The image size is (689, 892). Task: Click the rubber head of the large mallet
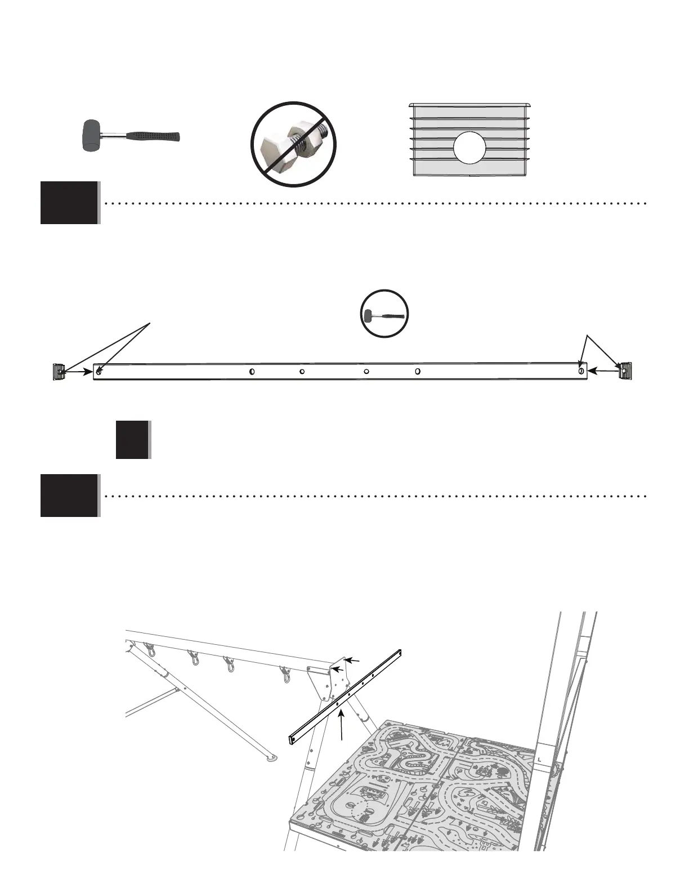[x=90, y=136]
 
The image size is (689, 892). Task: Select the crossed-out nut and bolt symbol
[x=293, y=144]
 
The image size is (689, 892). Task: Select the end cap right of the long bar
[x=625, y=371]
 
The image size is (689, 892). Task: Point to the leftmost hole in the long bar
[x=99, y=372]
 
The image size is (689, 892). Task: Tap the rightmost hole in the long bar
[x=580, y=371]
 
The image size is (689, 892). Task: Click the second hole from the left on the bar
[x=253, y=372]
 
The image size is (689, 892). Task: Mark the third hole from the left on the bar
[x=302, y=372]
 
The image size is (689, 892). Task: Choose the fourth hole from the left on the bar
[x=366, y=372]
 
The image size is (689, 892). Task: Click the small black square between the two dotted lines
[x=132, y=439]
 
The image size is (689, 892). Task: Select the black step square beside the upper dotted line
[x=69, y=203]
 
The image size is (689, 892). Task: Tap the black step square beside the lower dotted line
[x=69, y=496]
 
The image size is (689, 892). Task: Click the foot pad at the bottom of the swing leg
[x=272, y=758]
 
